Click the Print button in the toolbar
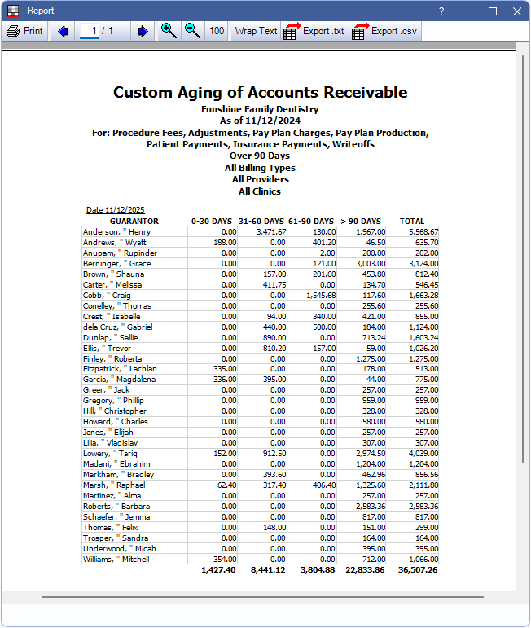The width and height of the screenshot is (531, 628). click(24, 31)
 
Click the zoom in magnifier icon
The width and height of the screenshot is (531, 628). click(169, 31)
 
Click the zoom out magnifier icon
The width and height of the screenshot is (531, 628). click(192, 31)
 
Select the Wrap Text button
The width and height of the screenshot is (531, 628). click(256, 31)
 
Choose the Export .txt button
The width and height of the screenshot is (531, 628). click(314, 31)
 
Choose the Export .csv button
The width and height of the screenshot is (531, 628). click(384, 31)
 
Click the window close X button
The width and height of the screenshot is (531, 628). click(517, 11)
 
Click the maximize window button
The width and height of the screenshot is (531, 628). click(492, 11)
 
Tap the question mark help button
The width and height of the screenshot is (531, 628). click(441, 11)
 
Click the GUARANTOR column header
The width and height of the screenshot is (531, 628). click(134, 222)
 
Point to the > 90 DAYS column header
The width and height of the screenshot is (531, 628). click(361, 222)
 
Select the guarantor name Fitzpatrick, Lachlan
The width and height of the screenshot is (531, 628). click(120, 369)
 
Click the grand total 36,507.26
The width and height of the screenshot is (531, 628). click(417, 569)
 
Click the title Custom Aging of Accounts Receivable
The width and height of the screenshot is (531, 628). click(260, 92)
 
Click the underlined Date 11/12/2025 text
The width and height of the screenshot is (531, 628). click(116, 210)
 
